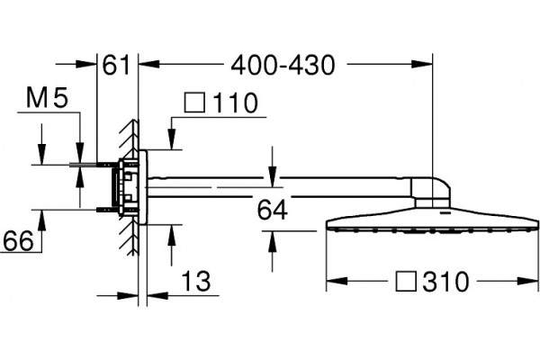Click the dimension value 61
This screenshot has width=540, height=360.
(116, 65)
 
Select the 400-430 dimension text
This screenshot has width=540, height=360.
(283, 65)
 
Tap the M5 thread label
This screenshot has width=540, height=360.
(47, 98)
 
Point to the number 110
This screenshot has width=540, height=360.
(236, 103)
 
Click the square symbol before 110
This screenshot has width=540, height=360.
(195, 103)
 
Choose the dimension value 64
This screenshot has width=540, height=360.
(272, 210)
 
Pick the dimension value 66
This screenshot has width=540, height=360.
(18, 241)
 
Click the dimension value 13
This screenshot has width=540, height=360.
(195, 281)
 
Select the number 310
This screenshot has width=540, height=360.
(446, 282)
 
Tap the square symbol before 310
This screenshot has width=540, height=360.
(407, 281)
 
